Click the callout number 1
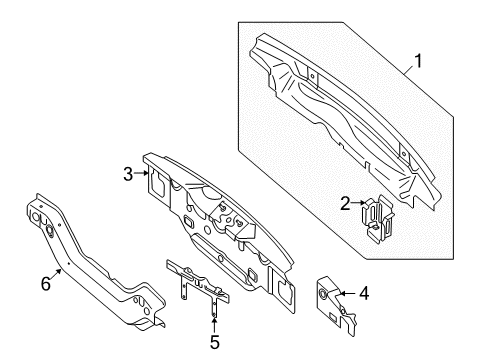pyautogui.click(x=418, y=61)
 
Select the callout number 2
pyautogui.click(x=345, y=203)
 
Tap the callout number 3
pyautogui.click(x=128, y=174)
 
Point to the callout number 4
pyautogui.click(x=364, y=293)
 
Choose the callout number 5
pyautogui.click(x=215, y=342)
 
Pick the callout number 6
pyautogui.click(x=46, y=284)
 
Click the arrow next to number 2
pyautogui.click(x=358, y=202)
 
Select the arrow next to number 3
pyautogui.click(x=141, y=173)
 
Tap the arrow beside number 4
pyautogui.click(x=348, y=294)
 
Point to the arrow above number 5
pyautogui.click(x=214, y=325)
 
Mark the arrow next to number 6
pyautogui.click(x=56, y=274)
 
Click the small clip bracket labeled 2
pyautogui.click(x=378, y=219)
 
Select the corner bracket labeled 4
pyautogui.click(x=336, y=304)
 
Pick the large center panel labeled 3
pyautogui.click(x=217, y=230)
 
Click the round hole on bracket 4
pyautogui.click(x=323, y=293)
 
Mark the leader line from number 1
pyautogui.click(x=408, y=70)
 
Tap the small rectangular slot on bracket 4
pyautogui.click(x=333, y=317)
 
